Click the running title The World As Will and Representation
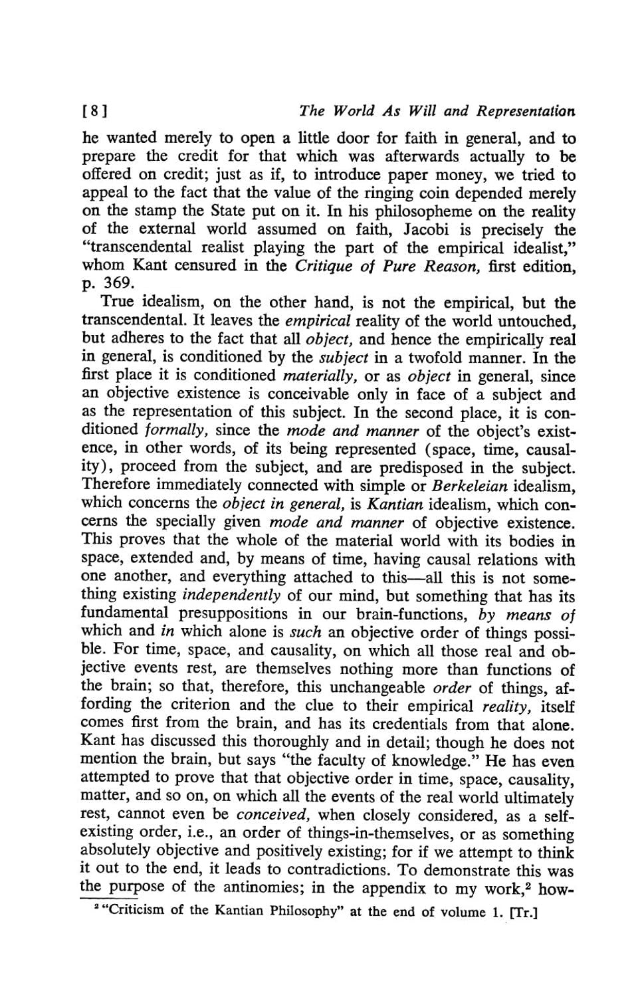click(437, 111)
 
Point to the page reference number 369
click(109, 284)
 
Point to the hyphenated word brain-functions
click(399, 613)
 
